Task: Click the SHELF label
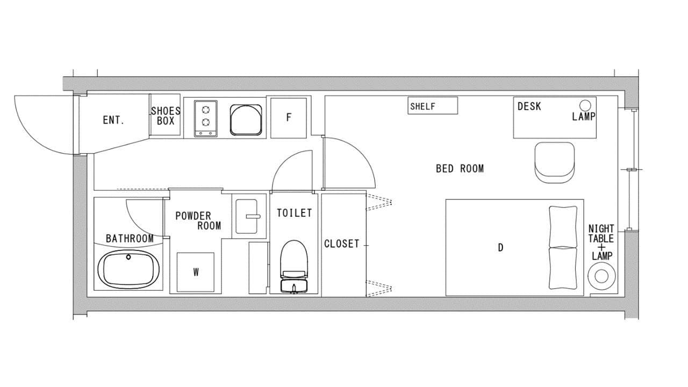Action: pos(422,106)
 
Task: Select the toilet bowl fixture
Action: pos(294,266)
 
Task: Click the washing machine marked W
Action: pos(195,272)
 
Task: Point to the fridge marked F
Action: pos(289,118)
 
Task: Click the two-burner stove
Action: pos(205,119)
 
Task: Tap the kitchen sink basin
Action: pos(246,120)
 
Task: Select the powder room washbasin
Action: pos(247,217)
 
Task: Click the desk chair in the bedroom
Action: pos(554,163)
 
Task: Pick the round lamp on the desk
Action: pos(585,105)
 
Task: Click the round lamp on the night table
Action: pos(601,276)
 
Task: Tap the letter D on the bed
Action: pos(500,248)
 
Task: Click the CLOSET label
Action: pos(341,244)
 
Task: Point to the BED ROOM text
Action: pos(460,169)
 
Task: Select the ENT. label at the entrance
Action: pos(113,120)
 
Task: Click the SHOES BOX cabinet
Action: pos(165,114)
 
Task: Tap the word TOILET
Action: pos(294,213)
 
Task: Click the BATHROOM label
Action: pos(130,239)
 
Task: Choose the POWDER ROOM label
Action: pos(198,221)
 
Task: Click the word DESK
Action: pos(529,106)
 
